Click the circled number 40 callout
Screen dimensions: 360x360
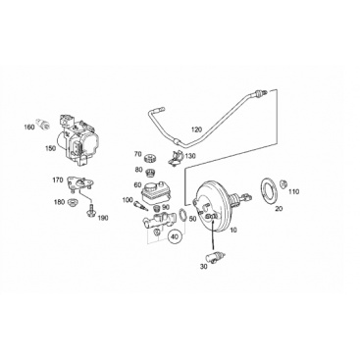pyautogui.click(x=176, y=236)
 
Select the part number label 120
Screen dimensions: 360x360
pyautogui.click(x=196, y=129)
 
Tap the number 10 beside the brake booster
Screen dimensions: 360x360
pyautogui.click(x=233, y=231)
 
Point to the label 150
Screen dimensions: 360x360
pyautogui.click(x=51, y=148)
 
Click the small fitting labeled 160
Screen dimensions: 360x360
pyautogui.click(x=44, y=124)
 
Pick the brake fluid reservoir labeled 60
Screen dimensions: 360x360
pyautogui.click(x=154, y=192)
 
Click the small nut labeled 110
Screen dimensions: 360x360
pyautogui.click(x=283, y=183)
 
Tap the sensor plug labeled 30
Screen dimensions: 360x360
pyautogui.click(x=215, y=258)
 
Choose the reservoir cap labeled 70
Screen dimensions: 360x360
pyautogui.click(x=151, y=157)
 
